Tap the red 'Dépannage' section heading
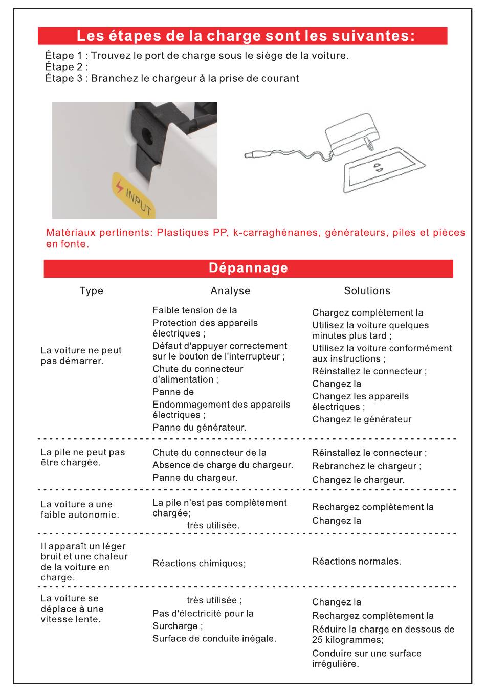click(x=248, y=268)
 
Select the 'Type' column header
click(x=92, y=291)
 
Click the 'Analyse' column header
click(x=230, y=291)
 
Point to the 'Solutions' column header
click(x=367, y=291)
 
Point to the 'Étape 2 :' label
click(x=67, y=67)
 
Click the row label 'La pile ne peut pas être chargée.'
click(x=83, y=457)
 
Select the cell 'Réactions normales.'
click(x=357, y=562)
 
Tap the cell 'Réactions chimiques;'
click(x=199, y=564)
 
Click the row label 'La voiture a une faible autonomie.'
click(x=80, y=509)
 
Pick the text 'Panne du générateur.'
click(x=199, y=428)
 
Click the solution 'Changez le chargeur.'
click(x=358, y=480)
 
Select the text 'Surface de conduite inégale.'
click(x=214, y=639)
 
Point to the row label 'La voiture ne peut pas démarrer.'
click(x=81, y=355)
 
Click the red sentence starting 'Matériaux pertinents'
click(x=255, y=238)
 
